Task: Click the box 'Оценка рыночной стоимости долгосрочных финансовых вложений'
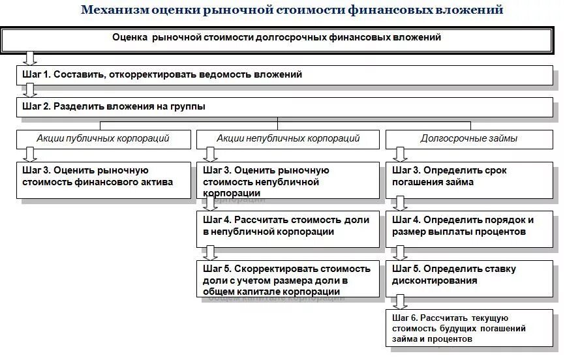click(277, 38)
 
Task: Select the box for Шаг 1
click(284, 75)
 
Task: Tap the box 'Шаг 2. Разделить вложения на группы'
click(284, 106)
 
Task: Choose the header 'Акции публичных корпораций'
click(103, 139)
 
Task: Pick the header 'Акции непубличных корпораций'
click(288, 139)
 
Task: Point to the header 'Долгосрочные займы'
click(468, 139)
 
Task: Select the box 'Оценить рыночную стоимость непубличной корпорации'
click(288, 180)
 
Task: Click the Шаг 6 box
click(468, 327)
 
